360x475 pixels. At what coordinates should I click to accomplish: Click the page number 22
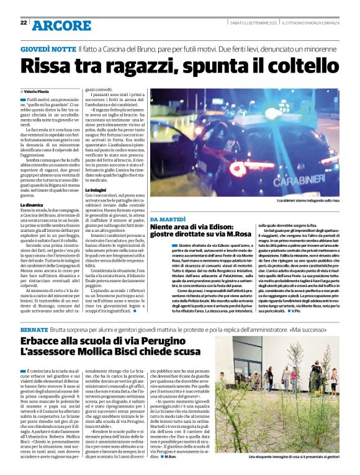[x=24, y=22]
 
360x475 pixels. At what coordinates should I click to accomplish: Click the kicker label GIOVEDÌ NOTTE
[x=47, y=48]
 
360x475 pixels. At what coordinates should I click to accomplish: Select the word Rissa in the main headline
[x=50, y=66]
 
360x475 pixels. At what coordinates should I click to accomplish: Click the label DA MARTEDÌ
[x=169, y=220]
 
